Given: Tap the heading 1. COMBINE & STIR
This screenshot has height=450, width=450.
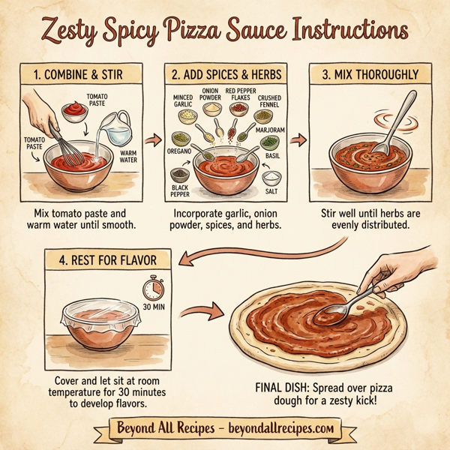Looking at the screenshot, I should tap(78, 75).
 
